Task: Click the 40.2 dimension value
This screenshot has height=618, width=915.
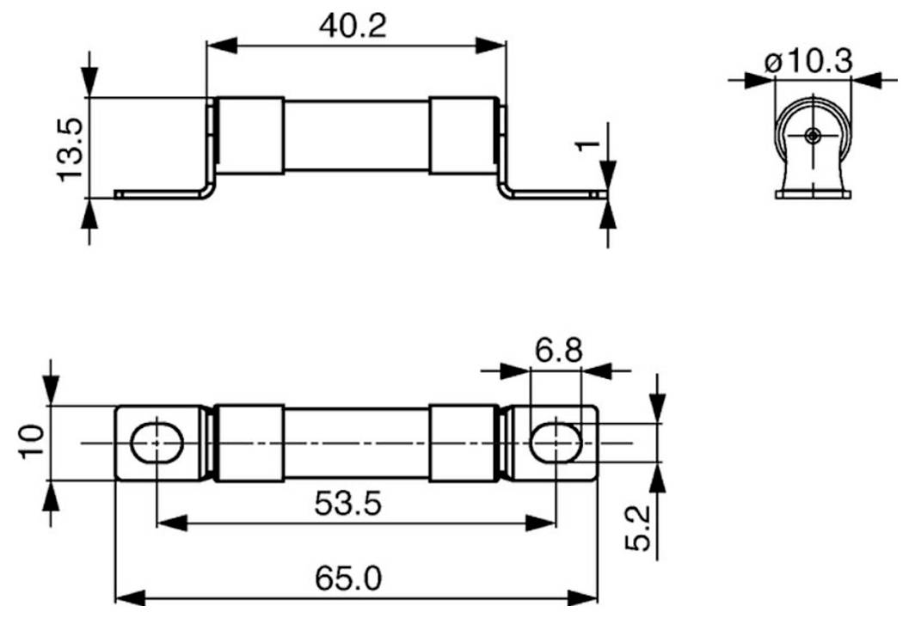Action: point(353,26)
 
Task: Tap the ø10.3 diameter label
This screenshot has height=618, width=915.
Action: point(808,62)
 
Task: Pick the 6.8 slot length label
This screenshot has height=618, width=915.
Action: point(557,351)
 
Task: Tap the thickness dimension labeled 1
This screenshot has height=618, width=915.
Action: point(587,144)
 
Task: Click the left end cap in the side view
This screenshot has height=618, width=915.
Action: point(249,136)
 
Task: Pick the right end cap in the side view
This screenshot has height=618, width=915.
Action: point(463,136)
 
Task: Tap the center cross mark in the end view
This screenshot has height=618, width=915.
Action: point(813,135)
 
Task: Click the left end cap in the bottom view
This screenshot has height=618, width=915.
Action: point(249,443)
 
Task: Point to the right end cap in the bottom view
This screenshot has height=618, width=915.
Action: point(463,443)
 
